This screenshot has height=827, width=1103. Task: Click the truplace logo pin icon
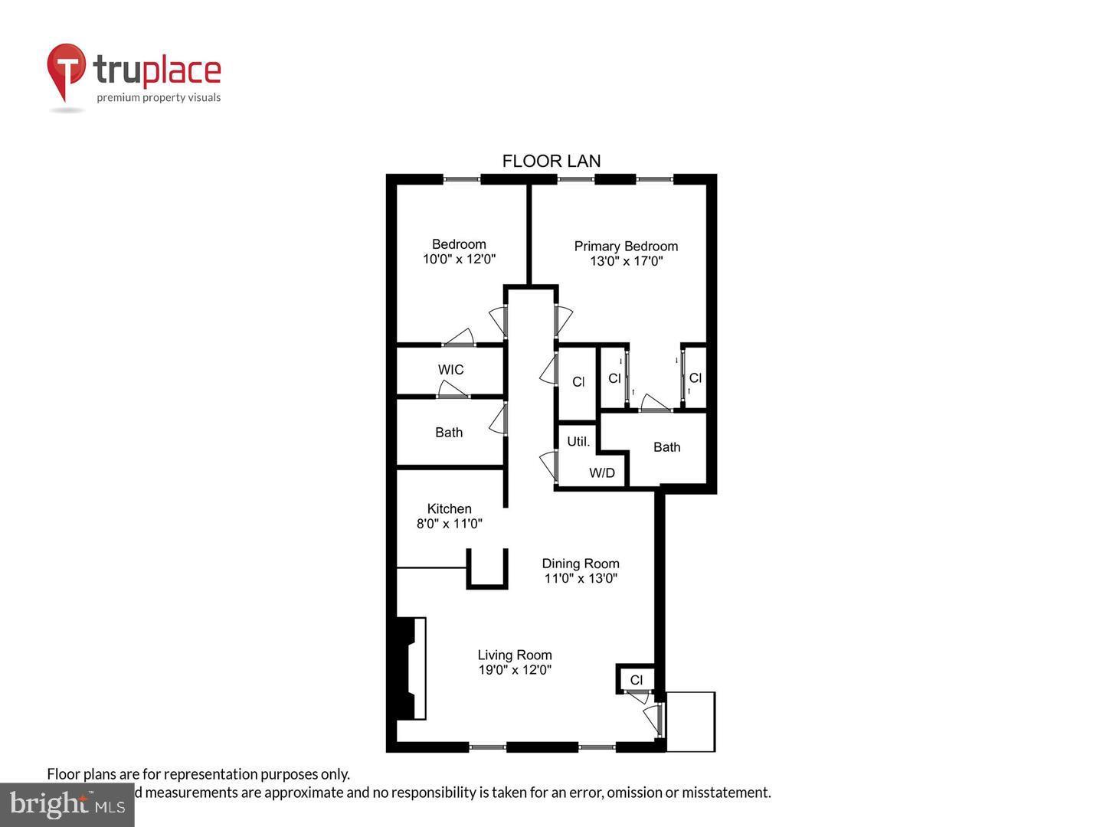click(x=66, y=71)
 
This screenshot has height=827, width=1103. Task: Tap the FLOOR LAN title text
click(x=551, y=161)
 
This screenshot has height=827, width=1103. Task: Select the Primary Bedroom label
click(x=626, y=246)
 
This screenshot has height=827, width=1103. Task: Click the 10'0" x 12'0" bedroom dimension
click(x=459, y=259)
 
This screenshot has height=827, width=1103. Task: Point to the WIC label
click(x=450, y=370)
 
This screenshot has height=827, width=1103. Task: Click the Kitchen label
click(x=449, y=508)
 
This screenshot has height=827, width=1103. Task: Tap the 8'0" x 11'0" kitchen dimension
click(x=449, y=524)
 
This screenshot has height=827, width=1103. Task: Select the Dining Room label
click(x=581, y=564)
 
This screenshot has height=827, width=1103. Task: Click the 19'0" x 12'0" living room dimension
click(x=514, y=670)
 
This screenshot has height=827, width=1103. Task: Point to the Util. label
click(x=578, y=442)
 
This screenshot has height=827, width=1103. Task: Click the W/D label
click(x=602, y=472)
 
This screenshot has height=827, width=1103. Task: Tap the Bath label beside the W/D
click(x=666, y=447)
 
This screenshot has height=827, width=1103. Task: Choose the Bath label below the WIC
click(x=449, y=433)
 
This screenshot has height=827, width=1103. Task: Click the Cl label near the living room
click(x=637, y=680)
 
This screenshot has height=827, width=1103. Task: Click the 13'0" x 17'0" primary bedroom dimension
click(x=626, y=261)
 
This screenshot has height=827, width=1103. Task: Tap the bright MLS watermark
click(x=67, y=804)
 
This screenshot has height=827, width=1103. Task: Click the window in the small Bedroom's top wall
click(x=462, y=180)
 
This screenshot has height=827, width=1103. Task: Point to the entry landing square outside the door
click(x=690, y=721)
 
